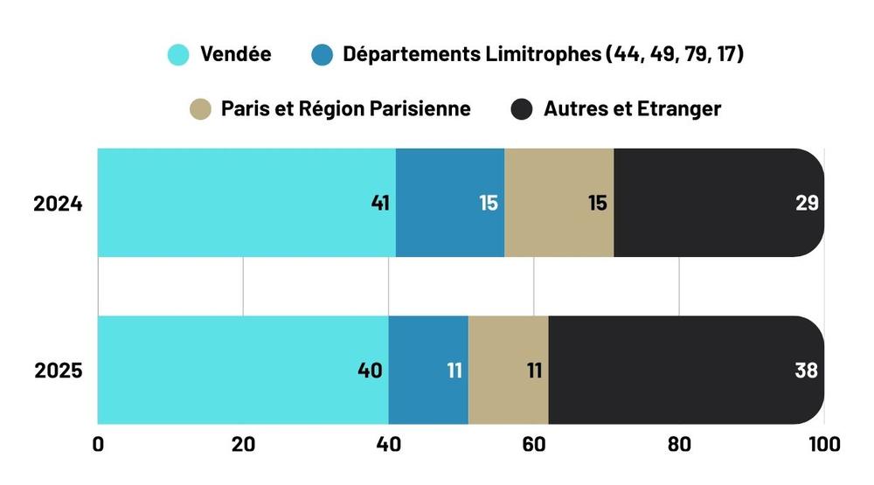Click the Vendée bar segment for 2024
pyautogui.click(x=246, y=203)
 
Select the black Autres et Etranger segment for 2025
pyautogui.click(x=686, y=370)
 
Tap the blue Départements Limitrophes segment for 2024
pyautogui.click(x=450, y=203)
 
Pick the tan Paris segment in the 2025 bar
pyautogui.click(x=509, y=370)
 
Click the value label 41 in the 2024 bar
pyautogui.click(x=380, y=204)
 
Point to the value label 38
pyautogui.click(x=807, y=371)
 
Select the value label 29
pyautogui.click(x=807, y=204)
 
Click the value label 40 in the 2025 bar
pyautogui.click(x=370, y=371)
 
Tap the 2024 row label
pyautogui.click(x=58, y=204)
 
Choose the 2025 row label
pyautogui.click(x=58, y=371)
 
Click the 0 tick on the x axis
pyautogui.click(x=98, y=445)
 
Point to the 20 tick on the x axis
pyautogui.click(x=243, y=445)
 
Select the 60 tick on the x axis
pyautogui.click(x=533, y=445)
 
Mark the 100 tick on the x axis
pyautogui.click(x=822, y=445)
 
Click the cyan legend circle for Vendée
pyautogui.click(x=178, y=55)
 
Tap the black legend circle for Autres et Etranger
pyautogui.click(x=522, y=109)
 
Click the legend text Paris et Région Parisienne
pyautogui.click(x=345, y=109)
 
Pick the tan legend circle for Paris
pyautogui.click(x=200, y=109)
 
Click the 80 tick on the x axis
pyautogui.click(x=678, y=445)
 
